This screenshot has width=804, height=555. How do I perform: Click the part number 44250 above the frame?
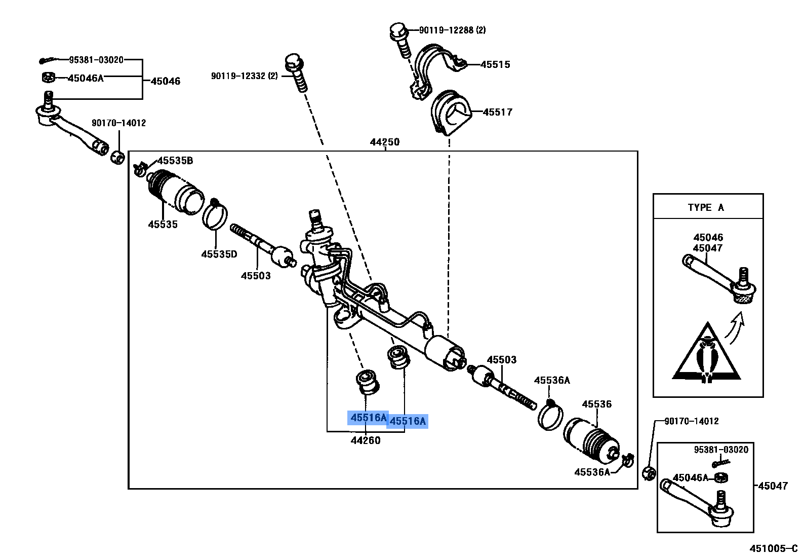coord(384,142)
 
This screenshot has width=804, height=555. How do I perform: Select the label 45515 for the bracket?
coord(495,65)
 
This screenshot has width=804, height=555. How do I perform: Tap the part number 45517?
coord(497,113)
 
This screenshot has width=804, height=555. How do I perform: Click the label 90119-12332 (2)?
coord(244,76)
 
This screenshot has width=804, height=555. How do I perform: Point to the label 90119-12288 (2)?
coord(452,30)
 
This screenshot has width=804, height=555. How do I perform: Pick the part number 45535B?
coord(175,161)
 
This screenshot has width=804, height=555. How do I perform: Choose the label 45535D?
coord(219,254)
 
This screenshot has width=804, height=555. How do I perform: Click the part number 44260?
coord(365,440)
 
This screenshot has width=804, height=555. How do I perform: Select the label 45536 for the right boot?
coord(596,404)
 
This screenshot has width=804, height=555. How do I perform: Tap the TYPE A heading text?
coord(706,207)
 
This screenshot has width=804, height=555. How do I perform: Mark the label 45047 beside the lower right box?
coord(773,486)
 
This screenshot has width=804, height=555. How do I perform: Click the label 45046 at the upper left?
coord(166,81)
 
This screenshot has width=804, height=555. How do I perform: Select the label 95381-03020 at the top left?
coord(96,60)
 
